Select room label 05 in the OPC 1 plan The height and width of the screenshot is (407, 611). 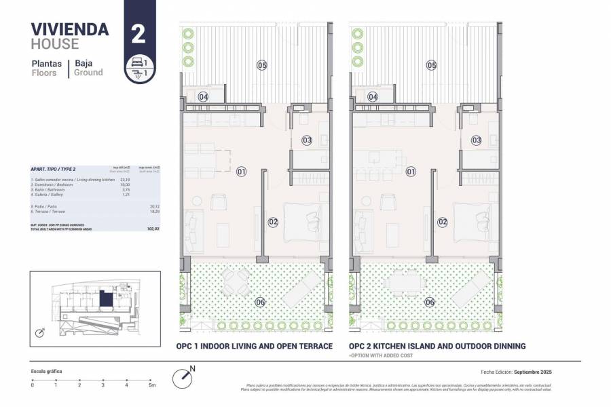261,65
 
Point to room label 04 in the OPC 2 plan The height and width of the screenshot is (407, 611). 373,97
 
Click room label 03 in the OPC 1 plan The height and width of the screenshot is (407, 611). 307,140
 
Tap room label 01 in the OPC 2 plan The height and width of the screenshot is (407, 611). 411,172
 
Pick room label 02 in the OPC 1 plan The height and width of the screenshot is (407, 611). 273,221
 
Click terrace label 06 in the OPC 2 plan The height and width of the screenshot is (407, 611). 430,302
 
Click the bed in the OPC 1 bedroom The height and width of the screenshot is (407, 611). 305,221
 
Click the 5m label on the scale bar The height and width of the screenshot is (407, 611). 152,385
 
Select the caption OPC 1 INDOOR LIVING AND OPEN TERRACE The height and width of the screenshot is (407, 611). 254,347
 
